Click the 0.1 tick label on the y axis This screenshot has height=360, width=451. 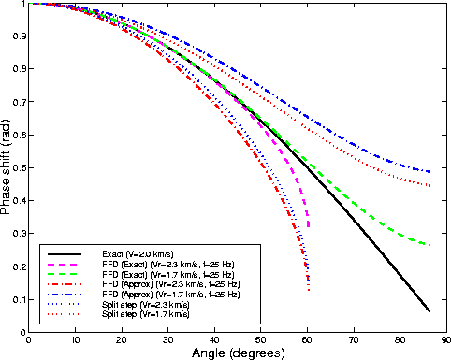[x=19, y=299]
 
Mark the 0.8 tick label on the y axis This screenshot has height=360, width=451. [x=19, y=69]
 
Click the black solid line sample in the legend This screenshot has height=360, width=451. [x=65, y=254]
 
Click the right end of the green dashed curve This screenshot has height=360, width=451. [x=429, y=245]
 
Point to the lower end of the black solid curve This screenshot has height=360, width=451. [x=429, y=310]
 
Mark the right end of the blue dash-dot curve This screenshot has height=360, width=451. [x=429, y=172]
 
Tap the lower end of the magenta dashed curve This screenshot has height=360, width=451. [x=309, y=227]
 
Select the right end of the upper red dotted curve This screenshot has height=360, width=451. [x=429, y=185]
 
